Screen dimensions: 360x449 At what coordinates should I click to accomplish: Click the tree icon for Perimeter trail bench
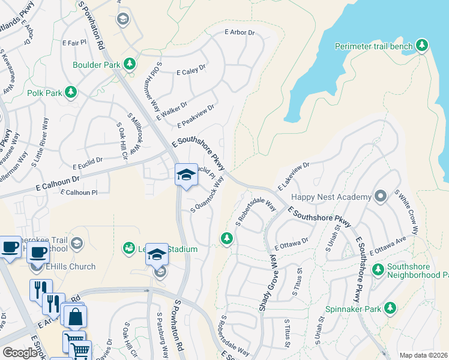(422, 46)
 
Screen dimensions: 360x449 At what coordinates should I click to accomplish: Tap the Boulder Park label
(97, 64)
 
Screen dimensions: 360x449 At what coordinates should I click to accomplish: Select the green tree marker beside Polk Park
(71, 92)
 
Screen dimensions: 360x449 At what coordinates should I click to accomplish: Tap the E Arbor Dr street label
(241, 32)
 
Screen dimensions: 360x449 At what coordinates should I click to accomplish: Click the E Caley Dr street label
(191, 71)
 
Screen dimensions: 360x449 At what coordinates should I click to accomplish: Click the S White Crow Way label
(406, 208)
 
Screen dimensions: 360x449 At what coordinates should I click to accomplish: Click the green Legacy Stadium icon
(128, 247)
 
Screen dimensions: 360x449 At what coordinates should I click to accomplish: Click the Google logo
(20, 353)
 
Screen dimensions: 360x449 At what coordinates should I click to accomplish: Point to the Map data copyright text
(423, 355)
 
